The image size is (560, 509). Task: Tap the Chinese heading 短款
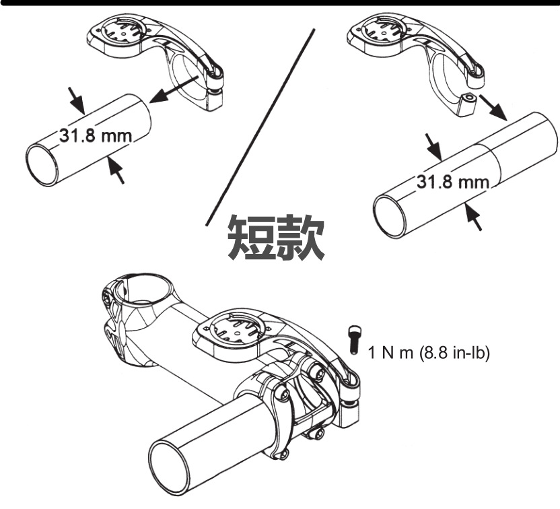[x=276, y=238]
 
